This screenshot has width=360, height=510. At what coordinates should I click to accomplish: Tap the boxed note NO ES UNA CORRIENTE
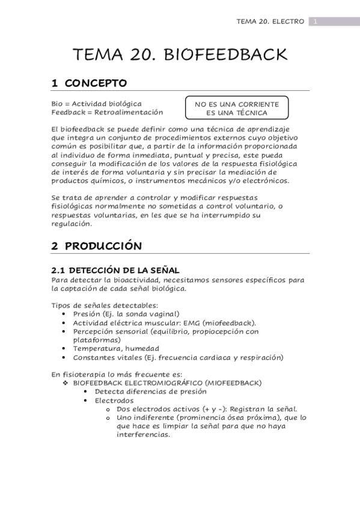point(237,104)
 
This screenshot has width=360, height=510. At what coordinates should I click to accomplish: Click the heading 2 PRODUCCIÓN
point(96,246)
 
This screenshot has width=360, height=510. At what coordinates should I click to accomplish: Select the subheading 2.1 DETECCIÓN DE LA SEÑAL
point(115,271)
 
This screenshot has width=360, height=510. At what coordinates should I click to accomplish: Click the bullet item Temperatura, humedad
point(116,348)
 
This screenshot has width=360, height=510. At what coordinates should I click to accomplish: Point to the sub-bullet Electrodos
point(114,400)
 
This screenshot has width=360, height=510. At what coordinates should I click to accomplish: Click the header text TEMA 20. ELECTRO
point(270,22)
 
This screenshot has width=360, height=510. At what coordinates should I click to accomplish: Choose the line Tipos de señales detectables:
point(105,305)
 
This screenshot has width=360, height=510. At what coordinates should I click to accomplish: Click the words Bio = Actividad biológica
point(96,103)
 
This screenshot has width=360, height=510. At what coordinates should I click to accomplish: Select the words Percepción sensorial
point(111,331)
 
